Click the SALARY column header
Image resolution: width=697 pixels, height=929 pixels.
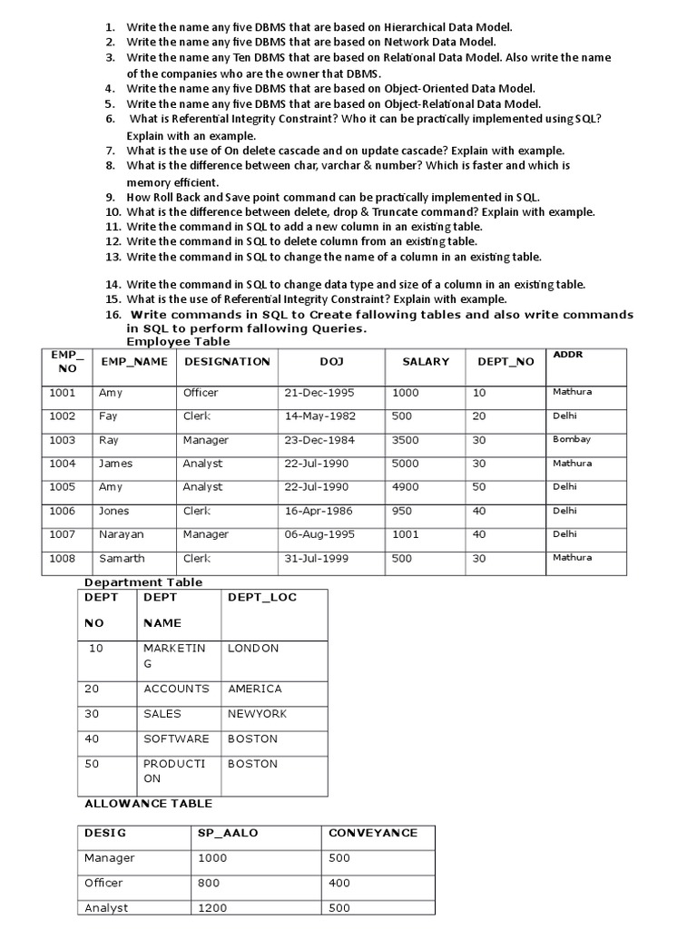[426, 361]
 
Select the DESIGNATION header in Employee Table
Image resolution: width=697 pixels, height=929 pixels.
[227, 361]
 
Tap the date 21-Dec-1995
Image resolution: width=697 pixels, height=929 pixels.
[319, 393]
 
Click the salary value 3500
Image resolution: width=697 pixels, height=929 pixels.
[406, 440]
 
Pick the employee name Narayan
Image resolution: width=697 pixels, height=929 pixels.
[122, 534]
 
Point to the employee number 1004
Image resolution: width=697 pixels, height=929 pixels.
[63, 464]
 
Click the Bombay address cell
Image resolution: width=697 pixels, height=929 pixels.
[572, 439]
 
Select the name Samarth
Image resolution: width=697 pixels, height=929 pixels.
[122, 558]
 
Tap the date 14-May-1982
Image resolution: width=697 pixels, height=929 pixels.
[320, 416]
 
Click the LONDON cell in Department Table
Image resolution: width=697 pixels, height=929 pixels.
[253, 649]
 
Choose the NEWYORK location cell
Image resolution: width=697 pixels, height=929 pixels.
[257, 714]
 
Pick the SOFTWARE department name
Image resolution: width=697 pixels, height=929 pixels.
[176, 738]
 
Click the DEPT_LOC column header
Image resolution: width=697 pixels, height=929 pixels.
[262, 597]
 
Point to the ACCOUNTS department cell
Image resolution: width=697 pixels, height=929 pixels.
[176, 689]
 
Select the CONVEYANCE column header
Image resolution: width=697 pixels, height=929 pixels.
[373, 832]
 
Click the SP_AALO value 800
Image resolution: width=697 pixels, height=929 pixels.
[210, 883]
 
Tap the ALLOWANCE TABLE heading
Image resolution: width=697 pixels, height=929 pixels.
[148, 803]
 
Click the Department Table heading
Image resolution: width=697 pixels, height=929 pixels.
[143, 582]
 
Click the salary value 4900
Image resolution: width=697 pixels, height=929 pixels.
[406, 487]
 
